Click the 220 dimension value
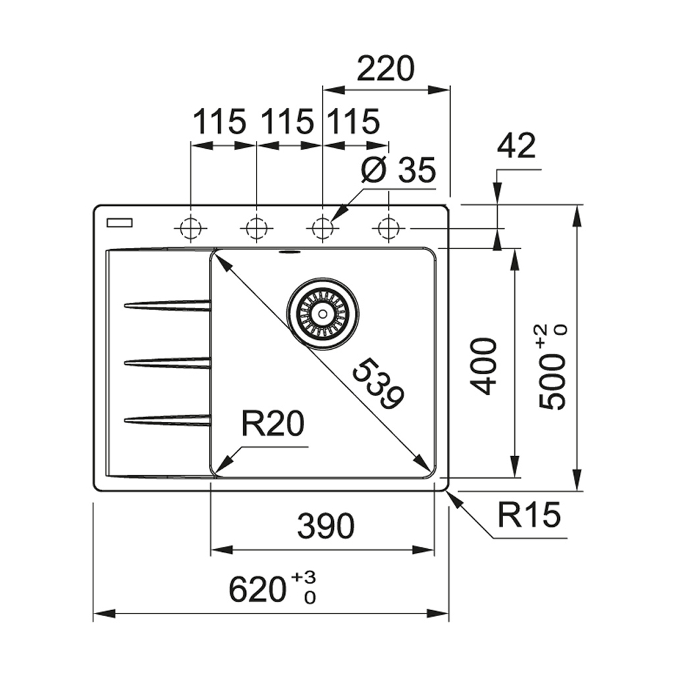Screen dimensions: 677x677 tap(385, 69)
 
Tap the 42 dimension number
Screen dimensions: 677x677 tap(516, 146)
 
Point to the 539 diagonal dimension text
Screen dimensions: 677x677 tap(378, 384)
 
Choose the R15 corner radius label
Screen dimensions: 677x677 tap(529, 516)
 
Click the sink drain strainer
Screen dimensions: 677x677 tap(323, 312)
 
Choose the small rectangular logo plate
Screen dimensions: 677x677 tap(120, 221)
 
